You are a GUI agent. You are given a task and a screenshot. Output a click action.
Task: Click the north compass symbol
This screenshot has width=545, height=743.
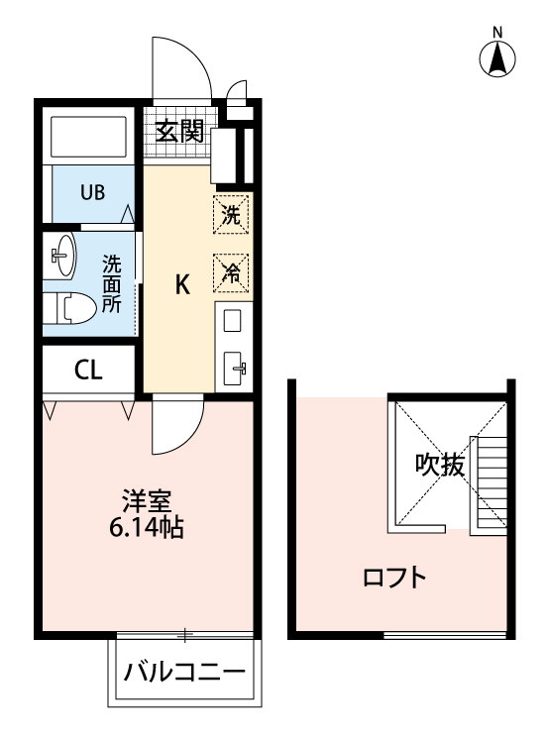pos(499,58)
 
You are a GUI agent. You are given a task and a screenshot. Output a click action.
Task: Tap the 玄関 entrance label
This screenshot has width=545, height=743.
pos(179,130)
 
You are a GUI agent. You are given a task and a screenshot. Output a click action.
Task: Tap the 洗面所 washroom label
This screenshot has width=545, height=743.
pos(112,284)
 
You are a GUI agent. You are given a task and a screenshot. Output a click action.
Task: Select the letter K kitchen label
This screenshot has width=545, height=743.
pos(182,285)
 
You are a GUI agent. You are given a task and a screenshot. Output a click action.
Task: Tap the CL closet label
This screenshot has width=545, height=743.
pos(87,371)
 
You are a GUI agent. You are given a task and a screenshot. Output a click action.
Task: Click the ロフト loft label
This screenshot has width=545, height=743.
pos(395,577)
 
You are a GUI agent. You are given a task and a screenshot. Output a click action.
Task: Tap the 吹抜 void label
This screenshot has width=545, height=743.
pos(439,465)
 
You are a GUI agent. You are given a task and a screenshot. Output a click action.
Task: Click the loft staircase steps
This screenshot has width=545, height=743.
pos(490,480)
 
